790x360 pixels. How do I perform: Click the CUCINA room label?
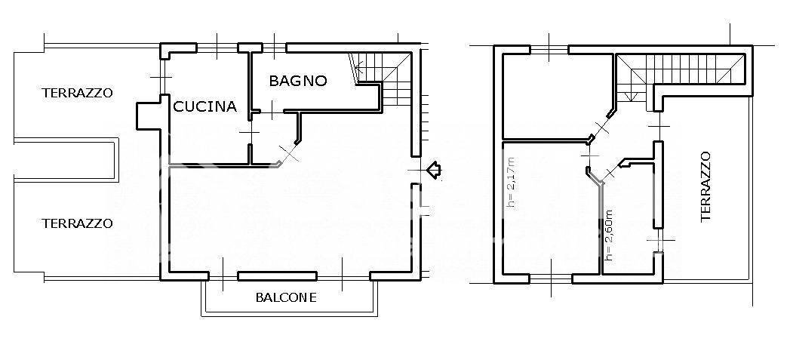click(205, 106)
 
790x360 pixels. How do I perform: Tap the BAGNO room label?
click(298, 80)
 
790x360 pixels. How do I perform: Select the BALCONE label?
click(286, 297)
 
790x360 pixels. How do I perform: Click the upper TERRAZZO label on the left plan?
click(78, 94)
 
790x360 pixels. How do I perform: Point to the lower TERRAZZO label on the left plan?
click(78, 223)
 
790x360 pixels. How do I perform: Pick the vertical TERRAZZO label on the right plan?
click(705, 186)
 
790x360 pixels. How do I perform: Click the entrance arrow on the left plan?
click(433, 171)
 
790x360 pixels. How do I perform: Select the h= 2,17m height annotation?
click(511, 181)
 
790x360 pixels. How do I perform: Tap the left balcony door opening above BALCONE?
click(224, 275)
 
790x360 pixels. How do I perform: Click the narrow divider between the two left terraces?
click(66, 160)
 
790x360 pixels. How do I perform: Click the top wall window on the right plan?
click(549, 49)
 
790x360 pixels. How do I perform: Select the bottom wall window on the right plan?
click(552, 278)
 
